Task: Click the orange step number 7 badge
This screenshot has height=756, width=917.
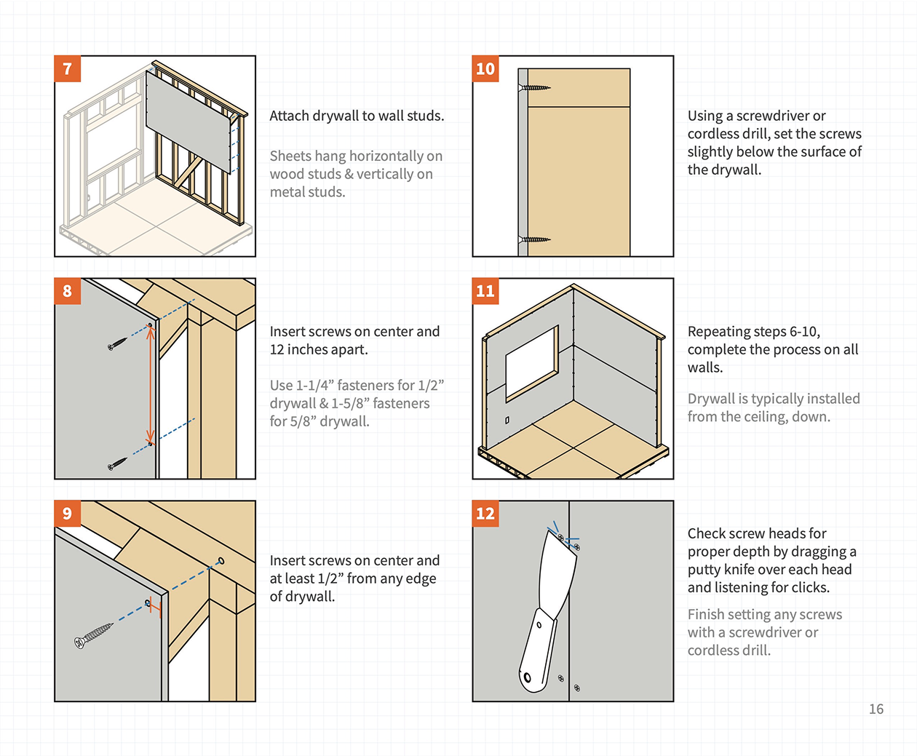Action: (x=68, y=69)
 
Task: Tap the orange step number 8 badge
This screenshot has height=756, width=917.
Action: (x=68, y=291)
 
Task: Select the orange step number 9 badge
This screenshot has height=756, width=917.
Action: (x=68, y=514)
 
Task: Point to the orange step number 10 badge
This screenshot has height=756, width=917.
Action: (x=485, y=69)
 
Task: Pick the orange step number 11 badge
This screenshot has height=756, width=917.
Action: (x=485, y=291)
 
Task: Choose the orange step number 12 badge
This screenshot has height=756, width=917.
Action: (x=485, y=514)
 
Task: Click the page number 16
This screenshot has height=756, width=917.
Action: (x=876, y=709)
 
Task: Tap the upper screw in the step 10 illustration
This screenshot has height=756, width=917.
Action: (x=535, y=88)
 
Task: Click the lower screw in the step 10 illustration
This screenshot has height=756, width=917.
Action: (x=535, y=239)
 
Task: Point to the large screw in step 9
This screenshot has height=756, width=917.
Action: (x=94, y=634)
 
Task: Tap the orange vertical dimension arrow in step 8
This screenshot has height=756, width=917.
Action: (x=151, y=383)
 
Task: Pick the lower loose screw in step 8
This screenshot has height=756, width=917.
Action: (x=117, y=463)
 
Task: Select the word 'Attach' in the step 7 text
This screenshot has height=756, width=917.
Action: (x=289, y=116)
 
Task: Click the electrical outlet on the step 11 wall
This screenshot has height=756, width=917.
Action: (x=507, y=421)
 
